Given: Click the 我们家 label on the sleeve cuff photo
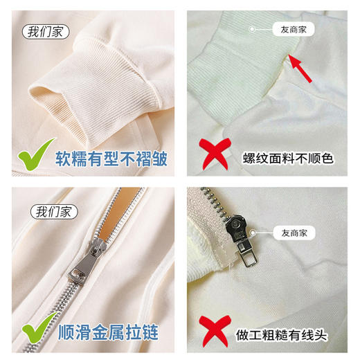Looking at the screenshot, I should click(x=44, y=31).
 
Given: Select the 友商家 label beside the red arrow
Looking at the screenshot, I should click(x=290, y=30).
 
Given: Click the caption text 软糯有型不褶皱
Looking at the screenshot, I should click(x=111, y=158).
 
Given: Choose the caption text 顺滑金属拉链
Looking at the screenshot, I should click(x=106, y=334).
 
